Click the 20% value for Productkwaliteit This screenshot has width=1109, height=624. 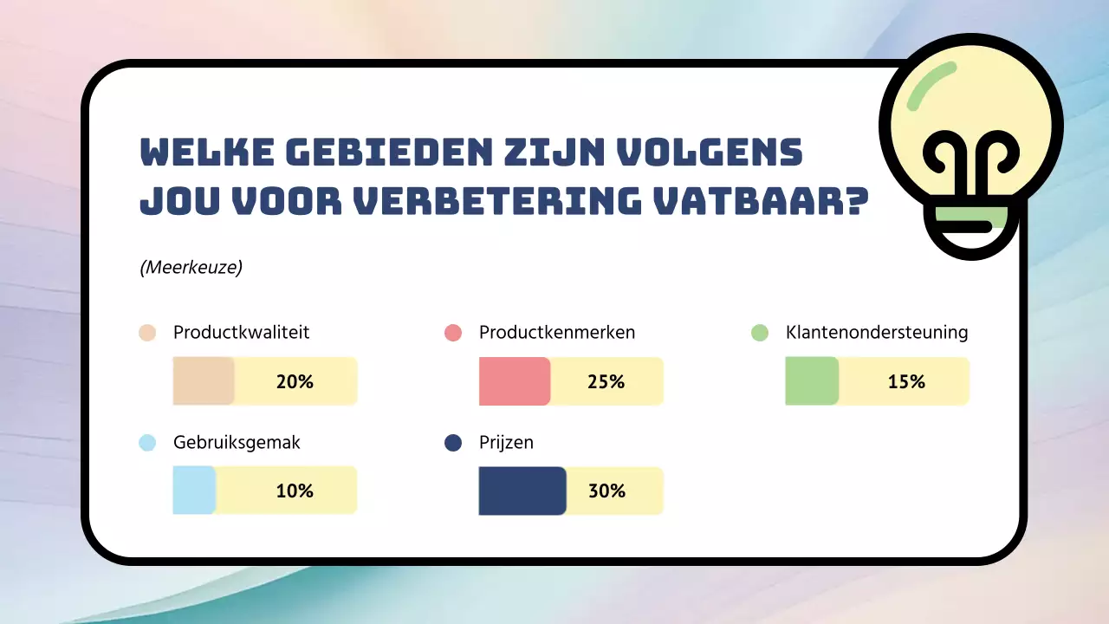click(x=295, y=381)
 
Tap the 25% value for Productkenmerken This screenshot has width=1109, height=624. click(x=606, y=381)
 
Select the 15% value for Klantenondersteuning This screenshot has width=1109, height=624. click(x=906, y=381)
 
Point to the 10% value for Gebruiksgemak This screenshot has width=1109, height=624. click(x=295, y=491)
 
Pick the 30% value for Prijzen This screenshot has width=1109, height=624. click(x=606, y=491)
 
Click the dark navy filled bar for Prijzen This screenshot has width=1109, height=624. click(x=522, y=491)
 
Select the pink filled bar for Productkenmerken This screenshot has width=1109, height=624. click(x=514, y=381)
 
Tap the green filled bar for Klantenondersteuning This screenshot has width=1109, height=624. click(x=811, y=381)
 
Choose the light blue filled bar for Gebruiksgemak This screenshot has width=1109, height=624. click(x=193, y=491)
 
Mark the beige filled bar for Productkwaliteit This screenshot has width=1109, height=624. click(x=204, y=381)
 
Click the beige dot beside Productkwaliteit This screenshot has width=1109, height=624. click(x=147, y=333)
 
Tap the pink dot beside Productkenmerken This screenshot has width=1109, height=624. click(x=452, y=333)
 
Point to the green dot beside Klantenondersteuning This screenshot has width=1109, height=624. click(x=760, y=333)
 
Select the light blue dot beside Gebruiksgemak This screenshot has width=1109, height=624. click(x=147, y=443)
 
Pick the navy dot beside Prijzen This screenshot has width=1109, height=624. click(x=452, y=443)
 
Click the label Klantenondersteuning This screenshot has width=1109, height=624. click(x=877, y=332)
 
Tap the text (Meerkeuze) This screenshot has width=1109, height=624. click(x=191, y=268)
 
